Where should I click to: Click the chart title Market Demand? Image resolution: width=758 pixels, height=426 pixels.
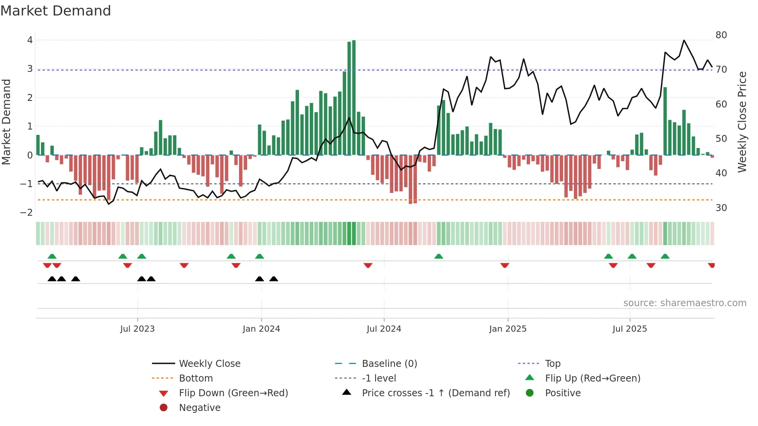(x=56, y=10)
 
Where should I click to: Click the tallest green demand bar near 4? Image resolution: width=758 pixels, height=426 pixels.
(x=354, y=97)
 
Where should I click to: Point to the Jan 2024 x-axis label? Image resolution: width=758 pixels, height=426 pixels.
(x=261, y=329)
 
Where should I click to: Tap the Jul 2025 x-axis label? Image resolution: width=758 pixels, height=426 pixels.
(x=630, y=329)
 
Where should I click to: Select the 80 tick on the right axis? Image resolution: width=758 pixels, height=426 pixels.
(x=721, y=35)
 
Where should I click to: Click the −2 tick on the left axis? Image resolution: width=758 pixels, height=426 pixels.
(x=26, y=212)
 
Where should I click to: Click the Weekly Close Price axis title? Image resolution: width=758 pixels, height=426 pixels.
(x=742, y=122)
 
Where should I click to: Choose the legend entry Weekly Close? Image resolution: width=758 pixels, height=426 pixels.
(x=209, y=363)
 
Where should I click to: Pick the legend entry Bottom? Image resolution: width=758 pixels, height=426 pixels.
(x=196, y=378)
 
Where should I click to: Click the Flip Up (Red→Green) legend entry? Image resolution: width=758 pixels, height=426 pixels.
(x=592, y=378)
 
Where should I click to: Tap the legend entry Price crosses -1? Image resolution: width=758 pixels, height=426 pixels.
(x=435, y=393)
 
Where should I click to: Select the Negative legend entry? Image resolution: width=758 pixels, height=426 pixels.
(x=200, y=407)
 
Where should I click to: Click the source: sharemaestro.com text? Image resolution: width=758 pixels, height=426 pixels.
(x=685, y=303)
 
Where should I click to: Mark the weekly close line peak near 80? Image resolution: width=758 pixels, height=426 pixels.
(x=684, y=40)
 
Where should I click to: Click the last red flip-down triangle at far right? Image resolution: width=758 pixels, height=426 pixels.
(x=711, y=265)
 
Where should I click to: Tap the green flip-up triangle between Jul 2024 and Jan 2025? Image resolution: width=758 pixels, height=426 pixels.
(x=439, y=256)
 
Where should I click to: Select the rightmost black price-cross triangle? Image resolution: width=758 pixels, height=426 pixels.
(x=274, y=279)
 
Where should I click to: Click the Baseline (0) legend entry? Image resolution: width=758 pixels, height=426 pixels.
(x=389, y=363)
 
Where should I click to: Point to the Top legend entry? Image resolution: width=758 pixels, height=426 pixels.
(x=552, y=363)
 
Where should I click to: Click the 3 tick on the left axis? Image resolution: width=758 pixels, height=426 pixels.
(x=30, y=69)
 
